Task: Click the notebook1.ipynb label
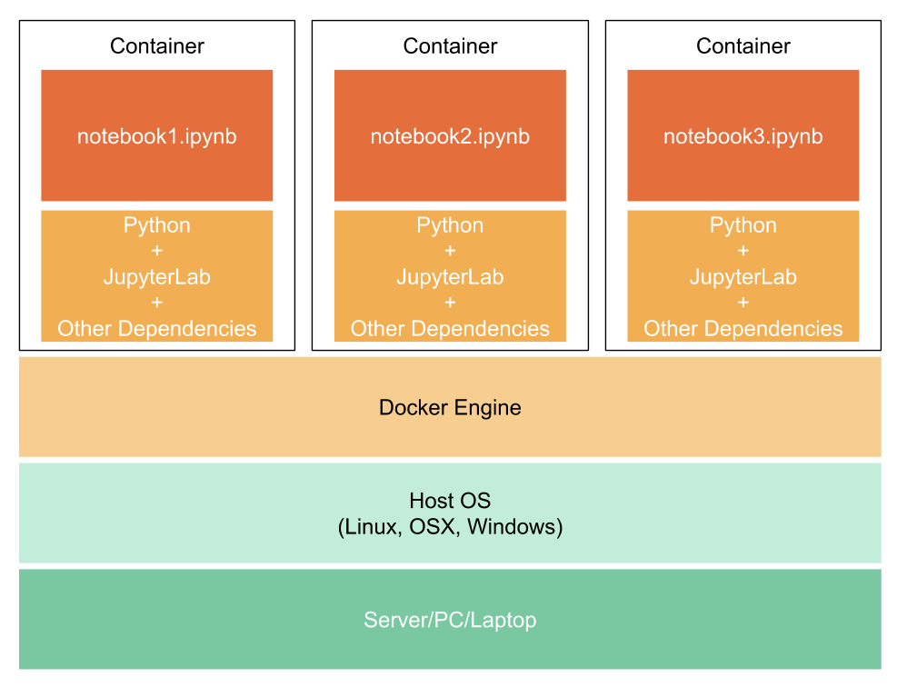[156, 136]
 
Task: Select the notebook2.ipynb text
[450, 136]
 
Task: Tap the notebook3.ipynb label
[743, 136]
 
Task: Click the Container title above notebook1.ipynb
[156, 45]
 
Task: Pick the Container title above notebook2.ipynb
[450, 45]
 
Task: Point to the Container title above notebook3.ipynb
[743, 45]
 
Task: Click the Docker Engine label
[450, 407]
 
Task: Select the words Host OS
[450, 501]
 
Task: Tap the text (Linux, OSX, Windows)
[450, 526]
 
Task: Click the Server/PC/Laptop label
[450, 620]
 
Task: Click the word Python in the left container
[156, 225]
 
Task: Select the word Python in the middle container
[450, 225]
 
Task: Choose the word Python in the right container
[743, 225]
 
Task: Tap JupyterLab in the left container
[156, 277]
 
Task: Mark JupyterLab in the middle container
[450, 277]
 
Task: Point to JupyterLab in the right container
[743, 277]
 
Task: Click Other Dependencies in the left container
[156, 328]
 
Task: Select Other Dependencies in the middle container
[450, 328]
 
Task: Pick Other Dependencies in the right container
[743, 328]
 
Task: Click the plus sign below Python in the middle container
[450, 251]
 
